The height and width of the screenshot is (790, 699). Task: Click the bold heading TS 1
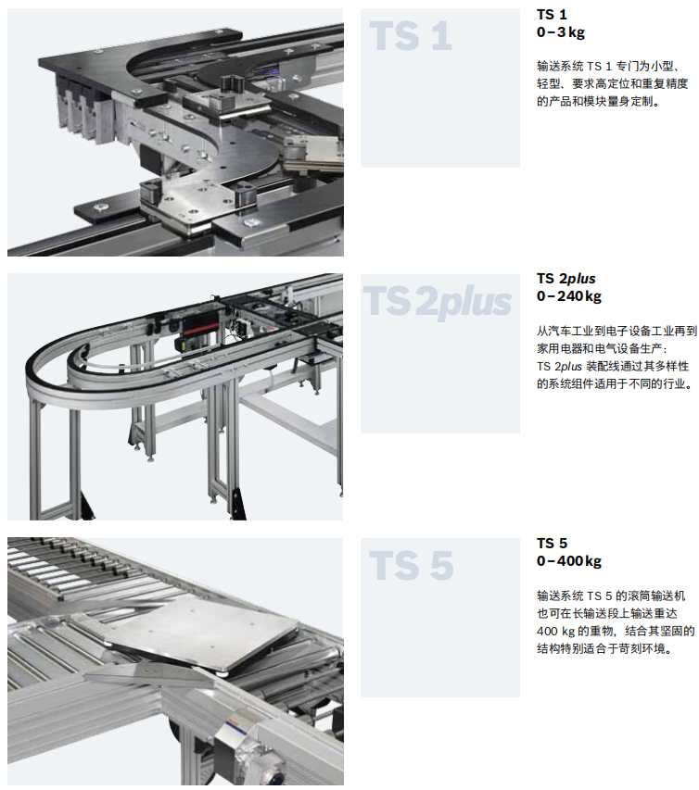552,14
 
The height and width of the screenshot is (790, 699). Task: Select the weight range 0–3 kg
560,32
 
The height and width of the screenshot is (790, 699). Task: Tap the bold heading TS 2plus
566,279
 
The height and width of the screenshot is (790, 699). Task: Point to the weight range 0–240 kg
569,296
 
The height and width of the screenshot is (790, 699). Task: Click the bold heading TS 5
552,543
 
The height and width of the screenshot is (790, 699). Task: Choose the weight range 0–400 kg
569,560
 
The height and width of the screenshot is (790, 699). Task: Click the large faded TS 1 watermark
411,36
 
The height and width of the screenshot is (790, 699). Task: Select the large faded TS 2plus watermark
438,301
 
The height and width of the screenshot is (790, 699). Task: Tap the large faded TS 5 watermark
412,565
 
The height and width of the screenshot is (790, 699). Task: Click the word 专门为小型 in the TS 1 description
644,66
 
